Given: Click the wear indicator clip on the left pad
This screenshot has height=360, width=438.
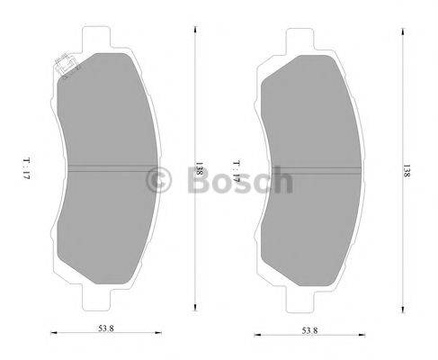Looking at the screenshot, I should [x=65, y=67].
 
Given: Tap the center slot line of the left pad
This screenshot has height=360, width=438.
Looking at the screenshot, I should [x=108, y=167].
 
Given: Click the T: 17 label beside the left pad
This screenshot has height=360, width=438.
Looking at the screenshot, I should [x=27, y=167].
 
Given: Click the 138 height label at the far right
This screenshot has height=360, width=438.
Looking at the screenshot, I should [x=407, y=168].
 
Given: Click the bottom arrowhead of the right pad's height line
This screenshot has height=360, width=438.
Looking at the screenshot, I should [x=398, y=309].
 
